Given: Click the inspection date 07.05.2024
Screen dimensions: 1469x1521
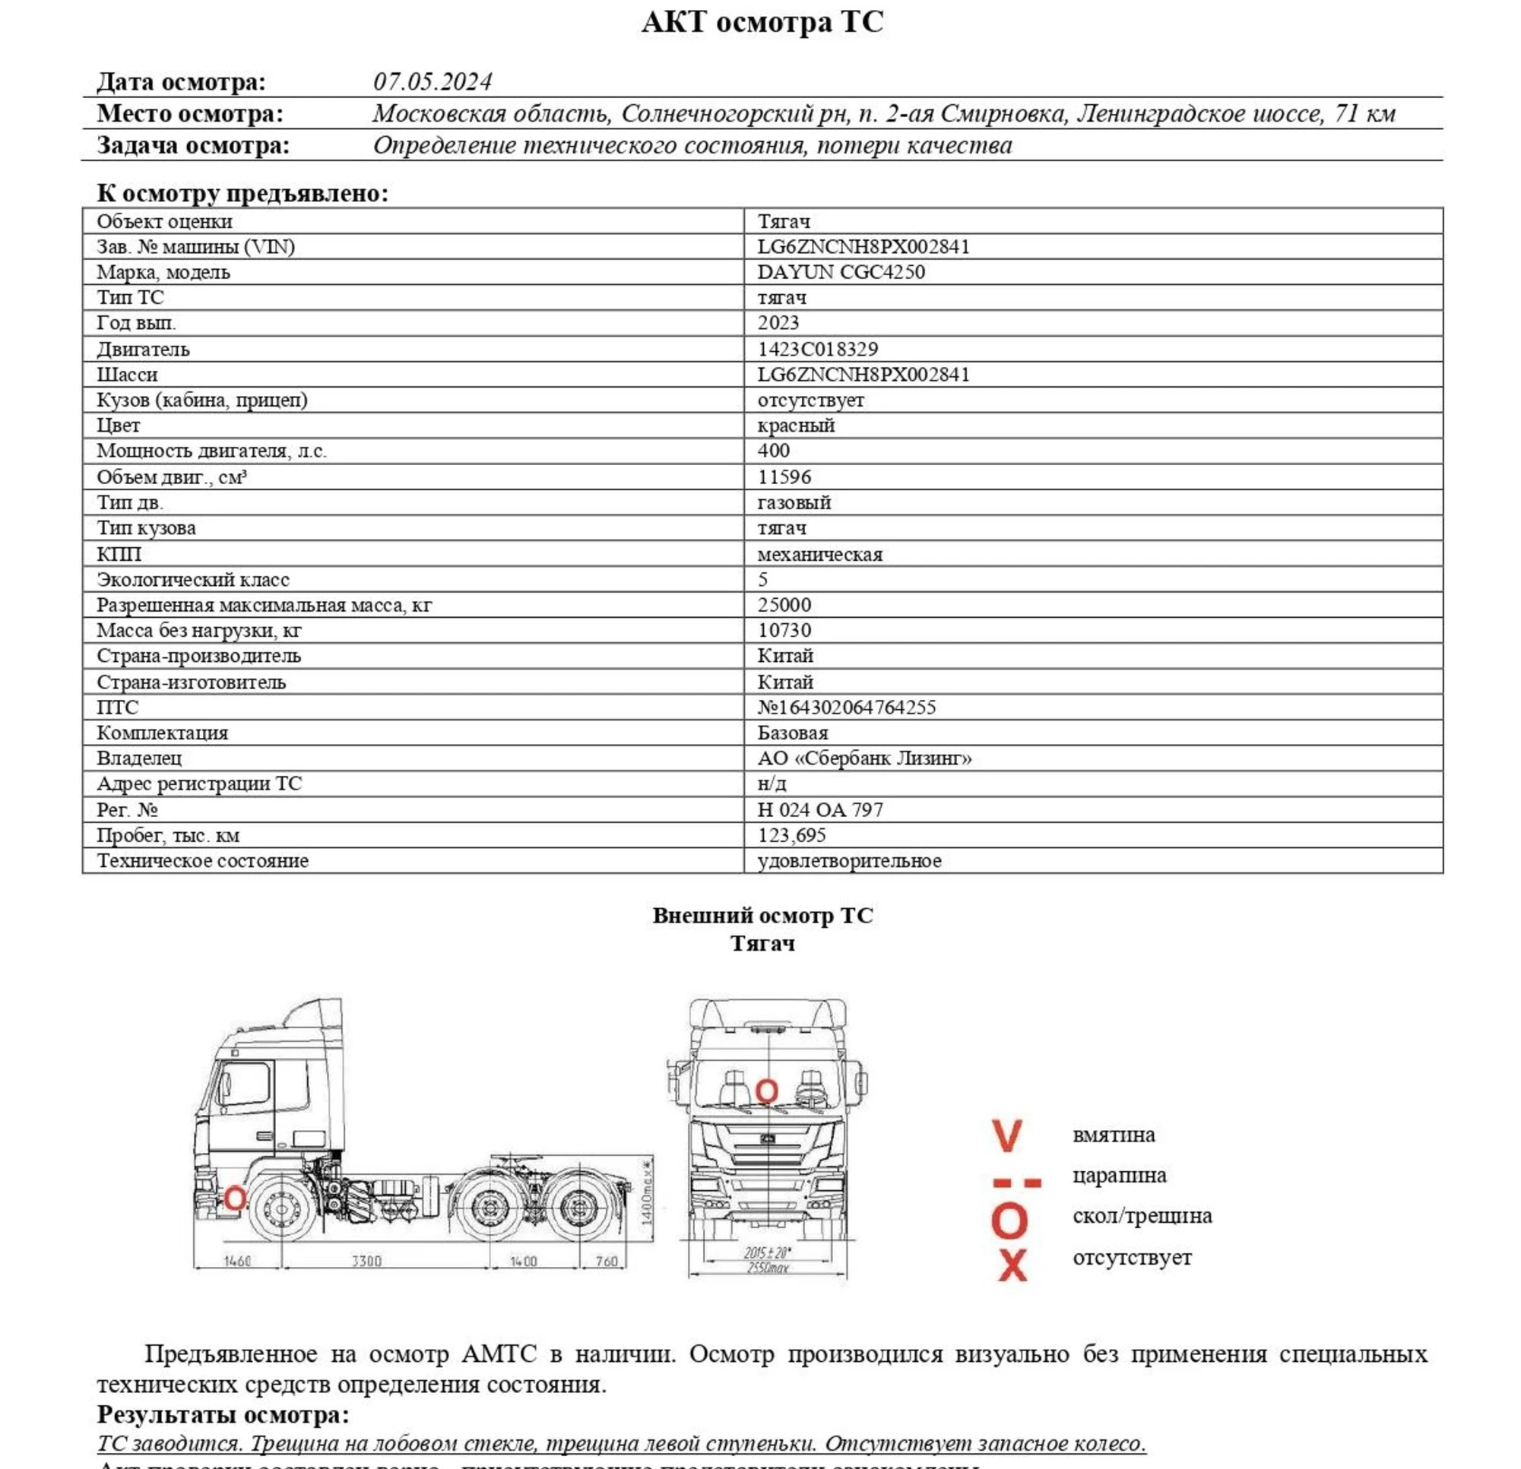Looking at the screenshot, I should (433, 81).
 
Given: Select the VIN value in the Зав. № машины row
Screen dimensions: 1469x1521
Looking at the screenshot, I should (863, 247).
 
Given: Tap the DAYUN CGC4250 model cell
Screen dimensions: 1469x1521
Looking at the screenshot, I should (841, 272).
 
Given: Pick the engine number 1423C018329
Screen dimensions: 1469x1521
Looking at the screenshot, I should (817, 350).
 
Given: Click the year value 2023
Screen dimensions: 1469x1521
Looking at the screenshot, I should (778, 323).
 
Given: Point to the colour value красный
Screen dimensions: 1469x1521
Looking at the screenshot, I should (795, 426).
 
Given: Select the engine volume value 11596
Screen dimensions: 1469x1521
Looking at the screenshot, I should (784, 476).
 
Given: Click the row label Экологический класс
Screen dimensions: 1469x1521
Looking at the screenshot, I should (192, 580).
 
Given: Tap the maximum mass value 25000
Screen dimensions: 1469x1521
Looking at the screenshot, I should (784, 604).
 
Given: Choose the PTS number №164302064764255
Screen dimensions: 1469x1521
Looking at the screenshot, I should (846, 707).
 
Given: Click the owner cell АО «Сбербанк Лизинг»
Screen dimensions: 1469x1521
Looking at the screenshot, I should (863, 758).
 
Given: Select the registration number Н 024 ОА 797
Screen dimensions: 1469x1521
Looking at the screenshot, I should (819, 809).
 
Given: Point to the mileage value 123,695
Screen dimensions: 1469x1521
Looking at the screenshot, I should (791, 835).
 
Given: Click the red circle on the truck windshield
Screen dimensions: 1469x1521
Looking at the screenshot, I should (766, 1091).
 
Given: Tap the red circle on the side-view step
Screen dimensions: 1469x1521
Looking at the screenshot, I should (234, 1198).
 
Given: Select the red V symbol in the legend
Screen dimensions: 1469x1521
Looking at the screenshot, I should (1007, 1135).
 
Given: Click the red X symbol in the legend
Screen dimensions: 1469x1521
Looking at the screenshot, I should (1012, 1265).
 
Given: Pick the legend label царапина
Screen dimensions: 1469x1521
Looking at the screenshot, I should (1118, 1176).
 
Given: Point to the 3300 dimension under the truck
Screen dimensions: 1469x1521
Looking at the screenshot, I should (366, 1261).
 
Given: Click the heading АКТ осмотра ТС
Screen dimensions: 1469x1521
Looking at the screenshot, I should (762, 23).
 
